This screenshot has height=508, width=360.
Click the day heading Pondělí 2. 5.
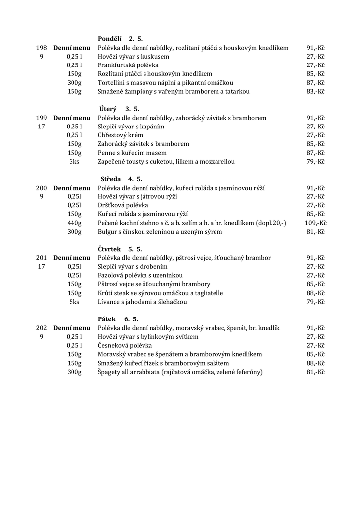[121, 39]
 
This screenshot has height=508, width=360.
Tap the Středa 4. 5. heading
[121, 179]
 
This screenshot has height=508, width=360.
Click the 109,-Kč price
[315, 223]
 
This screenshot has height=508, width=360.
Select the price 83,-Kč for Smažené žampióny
[315, 92]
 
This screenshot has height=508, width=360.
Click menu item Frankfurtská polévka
[128, 65]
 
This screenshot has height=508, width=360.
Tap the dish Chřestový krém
[120, 135]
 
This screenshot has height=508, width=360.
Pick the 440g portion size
[74, 223]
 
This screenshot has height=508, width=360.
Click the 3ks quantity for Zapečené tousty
[74, 162]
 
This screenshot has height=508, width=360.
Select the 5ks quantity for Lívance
[74, 302]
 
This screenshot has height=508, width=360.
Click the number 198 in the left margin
[42, 48]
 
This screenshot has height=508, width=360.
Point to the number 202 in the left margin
[42, 328]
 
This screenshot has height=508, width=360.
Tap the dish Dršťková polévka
[123, 205]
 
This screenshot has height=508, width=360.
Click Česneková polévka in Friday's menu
[125, 345]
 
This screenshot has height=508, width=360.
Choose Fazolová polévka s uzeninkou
[141, 275]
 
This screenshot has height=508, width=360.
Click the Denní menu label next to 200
[72, 188]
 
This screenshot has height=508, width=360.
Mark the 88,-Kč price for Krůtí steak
[315, 293]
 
